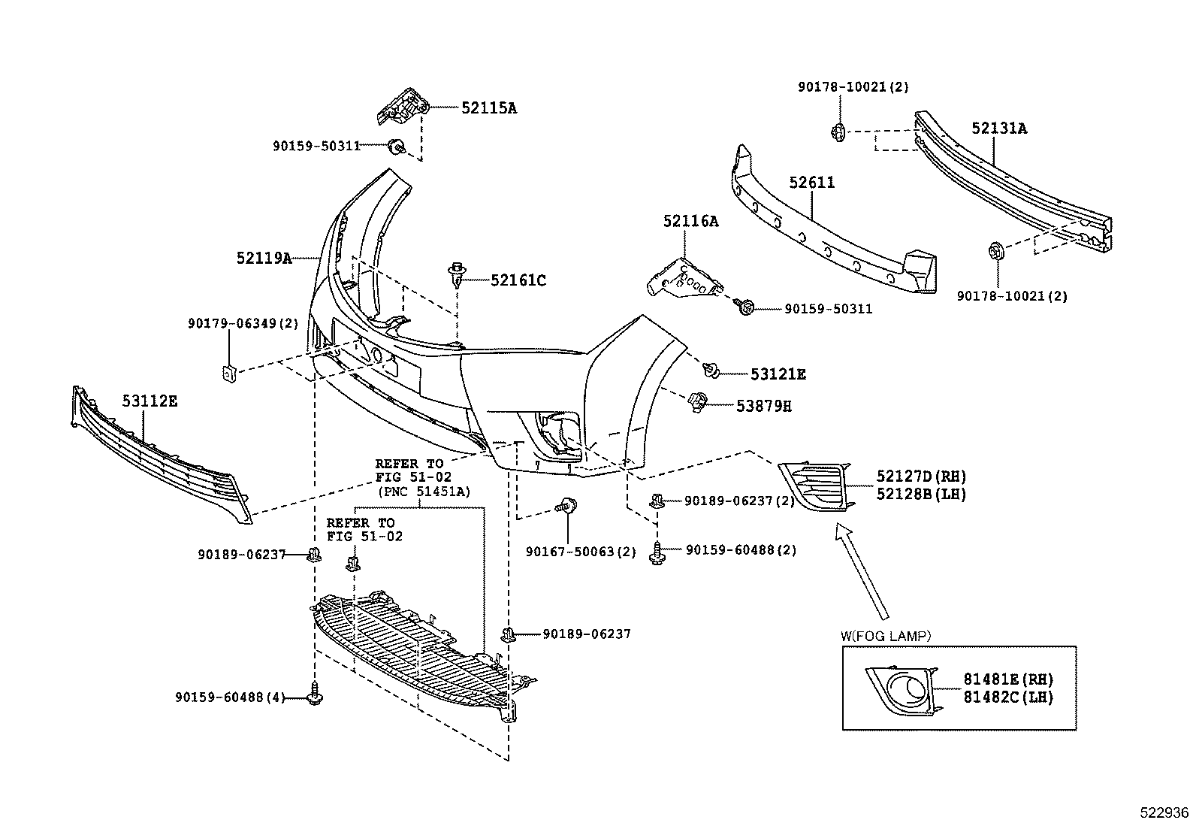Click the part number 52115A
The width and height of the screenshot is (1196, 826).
[x=488, y=108]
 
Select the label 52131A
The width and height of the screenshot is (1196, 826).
[x=999, y=129]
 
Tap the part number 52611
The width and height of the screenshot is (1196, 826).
[x=811, y=182]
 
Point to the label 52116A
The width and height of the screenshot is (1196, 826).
[x=691, y=221]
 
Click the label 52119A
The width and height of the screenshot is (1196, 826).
[x=264, y=259]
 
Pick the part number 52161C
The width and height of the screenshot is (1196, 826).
[x=518, y=280]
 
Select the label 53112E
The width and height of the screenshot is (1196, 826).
[x=149, y=401]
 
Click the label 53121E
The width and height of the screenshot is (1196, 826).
[x=778, y=374]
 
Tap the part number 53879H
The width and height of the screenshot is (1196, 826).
[x=763, y=406]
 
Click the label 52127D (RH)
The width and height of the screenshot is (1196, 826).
[x=921, y=476]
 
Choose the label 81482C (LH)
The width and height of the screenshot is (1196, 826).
[x=1008, y=697]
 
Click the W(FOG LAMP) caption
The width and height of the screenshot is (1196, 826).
[x=886, y=636]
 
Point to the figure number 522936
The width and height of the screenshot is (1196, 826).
[x=1164, y=812]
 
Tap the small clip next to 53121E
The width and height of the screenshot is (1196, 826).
[x=711, y=370]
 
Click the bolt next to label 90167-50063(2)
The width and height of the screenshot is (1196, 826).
[x=566, y=504]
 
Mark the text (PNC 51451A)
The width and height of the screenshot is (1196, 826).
[x=424, y=492]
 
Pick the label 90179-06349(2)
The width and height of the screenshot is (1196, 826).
[x=243, y=323]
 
